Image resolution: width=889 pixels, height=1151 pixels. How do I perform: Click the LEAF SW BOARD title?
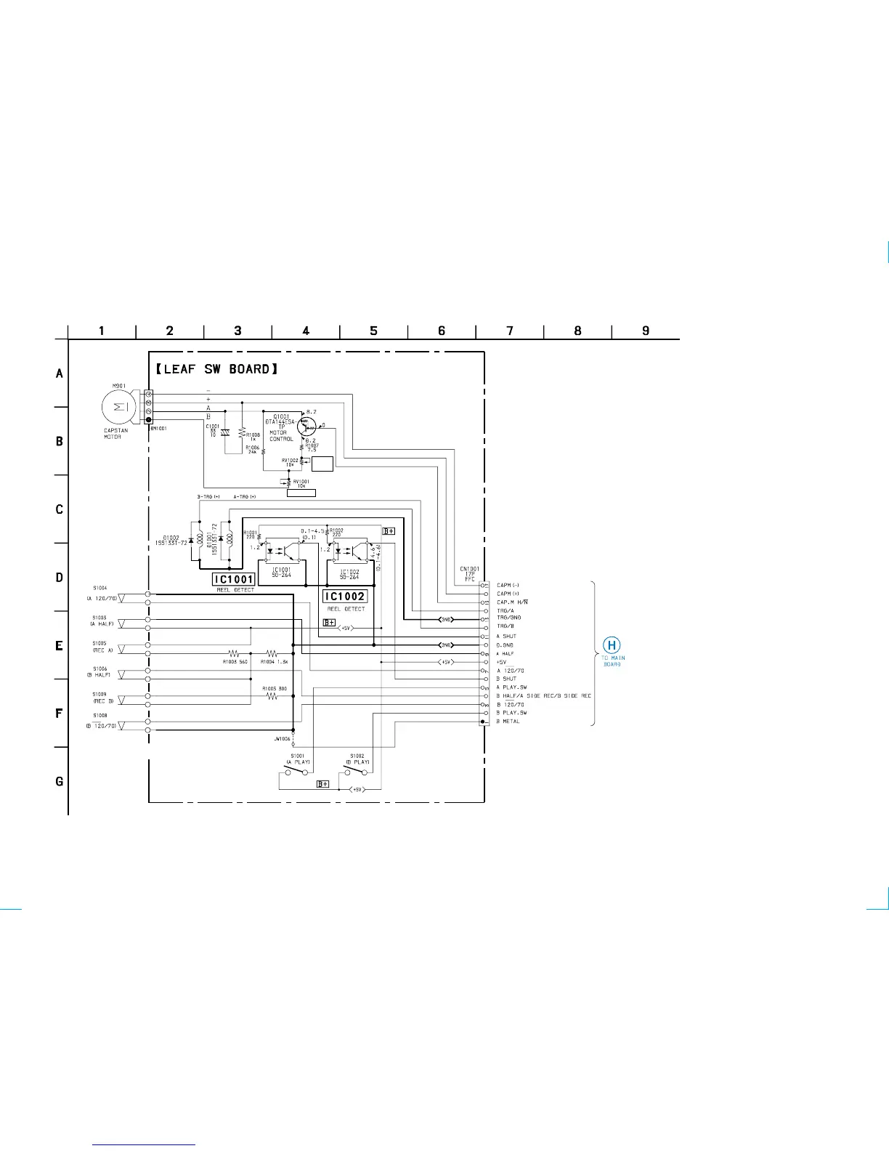tap(216, 369)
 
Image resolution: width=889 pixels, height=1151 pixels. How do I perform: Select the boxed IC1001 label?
tap(233, 579)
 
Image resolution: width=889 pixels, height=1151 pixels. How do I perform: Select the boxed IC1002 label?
tap(344, 597)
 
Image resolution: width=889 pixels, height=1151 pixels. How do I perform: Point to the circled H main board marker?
tap(612, 645)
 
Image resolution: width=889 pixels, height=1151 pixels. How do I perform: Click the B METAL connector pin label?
tap(508, 722)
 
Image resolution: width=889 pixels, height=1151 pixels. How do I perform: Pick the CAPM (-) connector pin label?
tap(508, 585)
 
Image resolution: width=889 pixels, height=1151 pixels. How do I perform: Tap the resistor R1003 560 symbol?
tap(235, 654)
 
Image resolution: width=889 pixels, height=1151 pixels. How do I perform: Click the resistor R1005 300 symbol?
tap(272, 696)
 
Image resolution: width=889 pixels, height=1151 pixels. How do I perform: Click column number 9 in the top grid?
tap(646, 331)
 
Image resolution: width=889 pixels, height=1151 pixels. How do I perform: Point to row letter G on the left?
tap(60, 782)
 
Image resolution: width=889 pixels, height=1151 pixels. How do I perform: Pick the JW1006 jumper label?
tap(282, 739)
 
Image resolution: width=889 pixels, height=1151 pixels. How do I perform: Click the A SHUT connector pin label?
tap(506, 637)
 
